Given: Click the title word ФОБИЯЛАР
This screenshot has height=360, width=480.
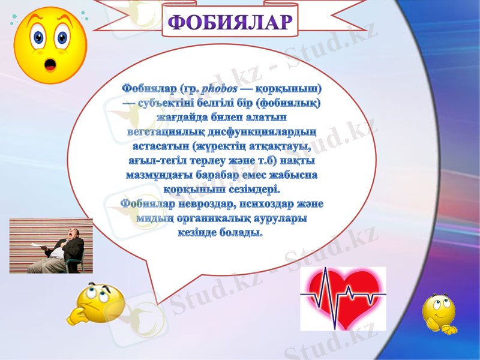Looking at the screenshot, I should pos(230,22).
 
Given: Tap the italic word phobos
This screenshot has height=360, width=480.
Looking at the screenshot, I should pos(220,89).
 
